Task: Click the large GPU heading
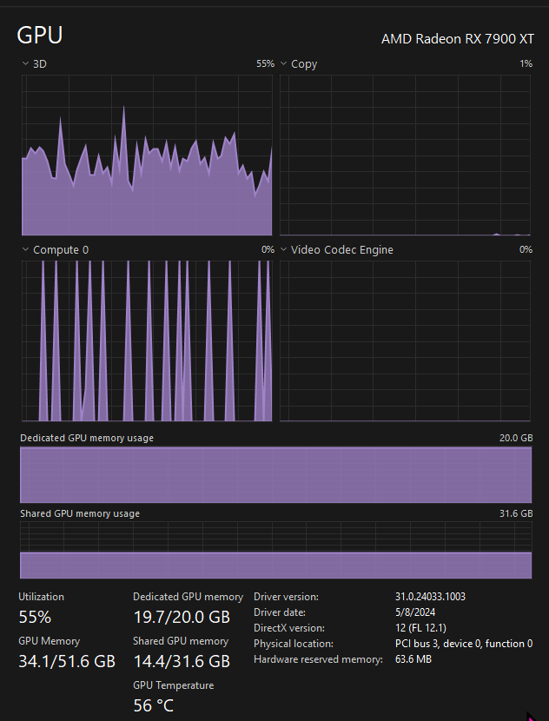(x=40, y=35)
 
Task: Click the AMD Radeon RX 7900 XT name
(x=458, y=39)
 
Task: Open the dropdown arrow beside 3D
(x=25, y=63)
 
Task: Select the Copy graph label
(x=304, y=64)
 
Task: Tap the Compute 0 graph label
(x=61, y=249)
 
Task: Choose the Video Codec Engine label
(x=342, y=249)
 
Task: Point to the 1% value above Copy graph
(x=526, y=63)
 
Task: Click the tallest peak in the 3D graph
(x=123, y=107)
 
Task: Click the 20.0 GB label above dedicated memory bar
(x=516, y=438)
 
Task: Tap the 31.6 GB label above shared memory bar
(x=516, y=513)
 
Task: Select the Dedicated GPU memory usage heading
(x=87, y=438)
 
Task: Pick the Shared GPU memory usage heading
(x=80, y=513)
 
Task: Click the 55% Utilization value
(x=35, y=617)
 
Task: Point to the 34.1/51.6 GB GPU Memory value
(x=67, y=661)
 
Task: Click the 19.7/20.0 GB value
(x=182, y=617)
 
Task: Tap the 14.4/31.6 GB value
(x=182, y=661)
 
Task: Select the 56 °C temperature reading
(x=154, y=705)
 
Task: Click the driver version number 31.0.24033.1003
(x=430, y=597)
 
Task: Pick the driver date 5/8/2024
(x=415, y=612)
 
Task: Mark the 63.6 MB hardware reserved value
(x=413, y=659)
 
